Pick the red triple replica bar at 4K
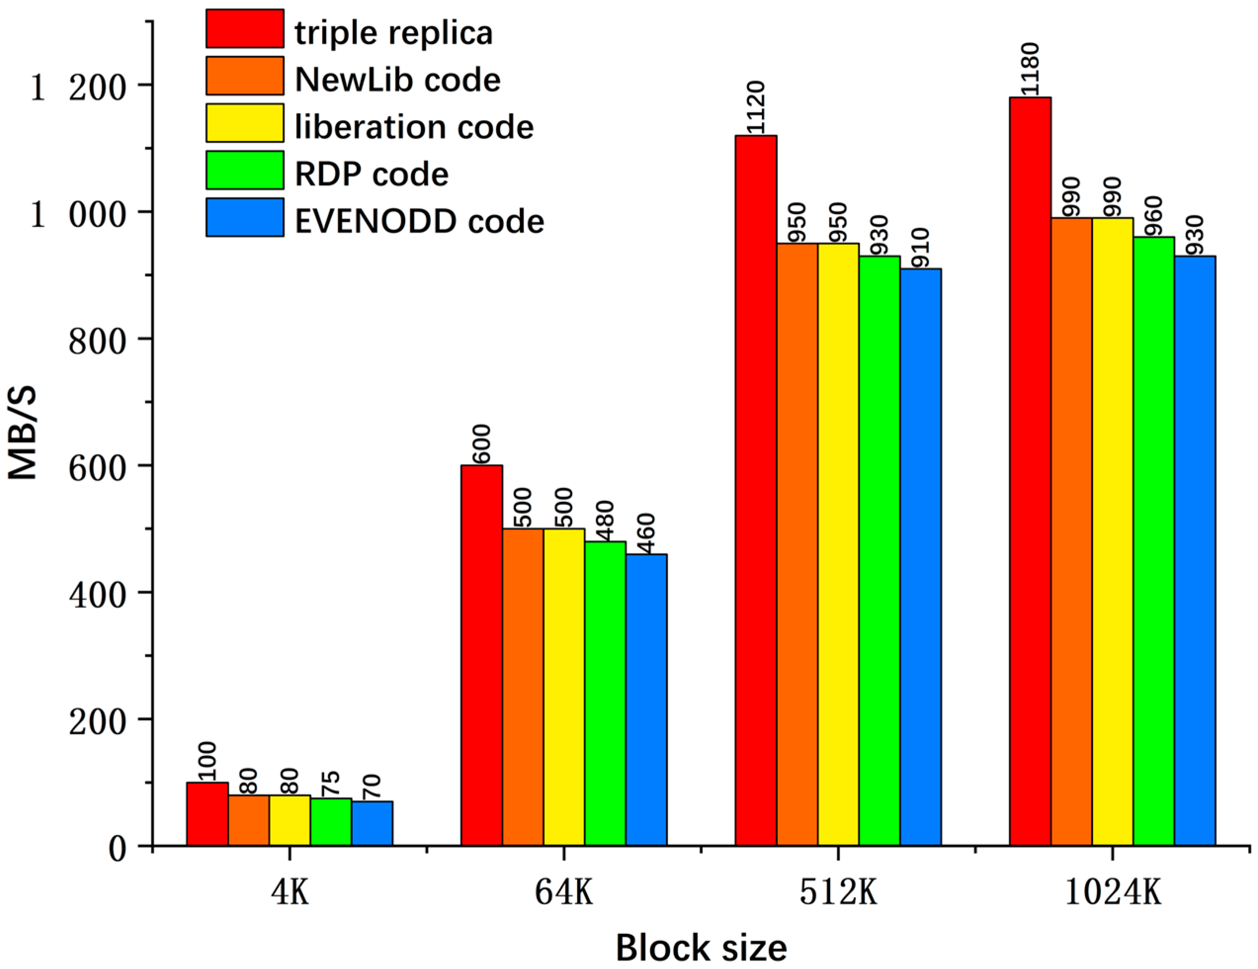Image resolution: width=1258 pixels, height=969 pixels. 208,813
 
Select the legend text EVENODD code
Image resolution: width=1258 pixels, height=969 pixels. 419,221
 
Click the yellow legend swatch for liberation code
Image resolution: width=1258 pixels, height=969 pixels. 245,123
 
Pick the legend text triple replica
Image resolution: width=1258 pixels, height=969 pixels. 394,33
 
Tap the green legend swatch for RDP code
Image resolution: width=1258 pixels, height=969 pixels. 245,170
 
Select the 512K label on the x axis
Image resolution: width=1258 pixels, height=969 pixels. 838,893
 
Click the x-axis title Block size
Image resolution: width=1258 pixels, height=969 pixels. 701,948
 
